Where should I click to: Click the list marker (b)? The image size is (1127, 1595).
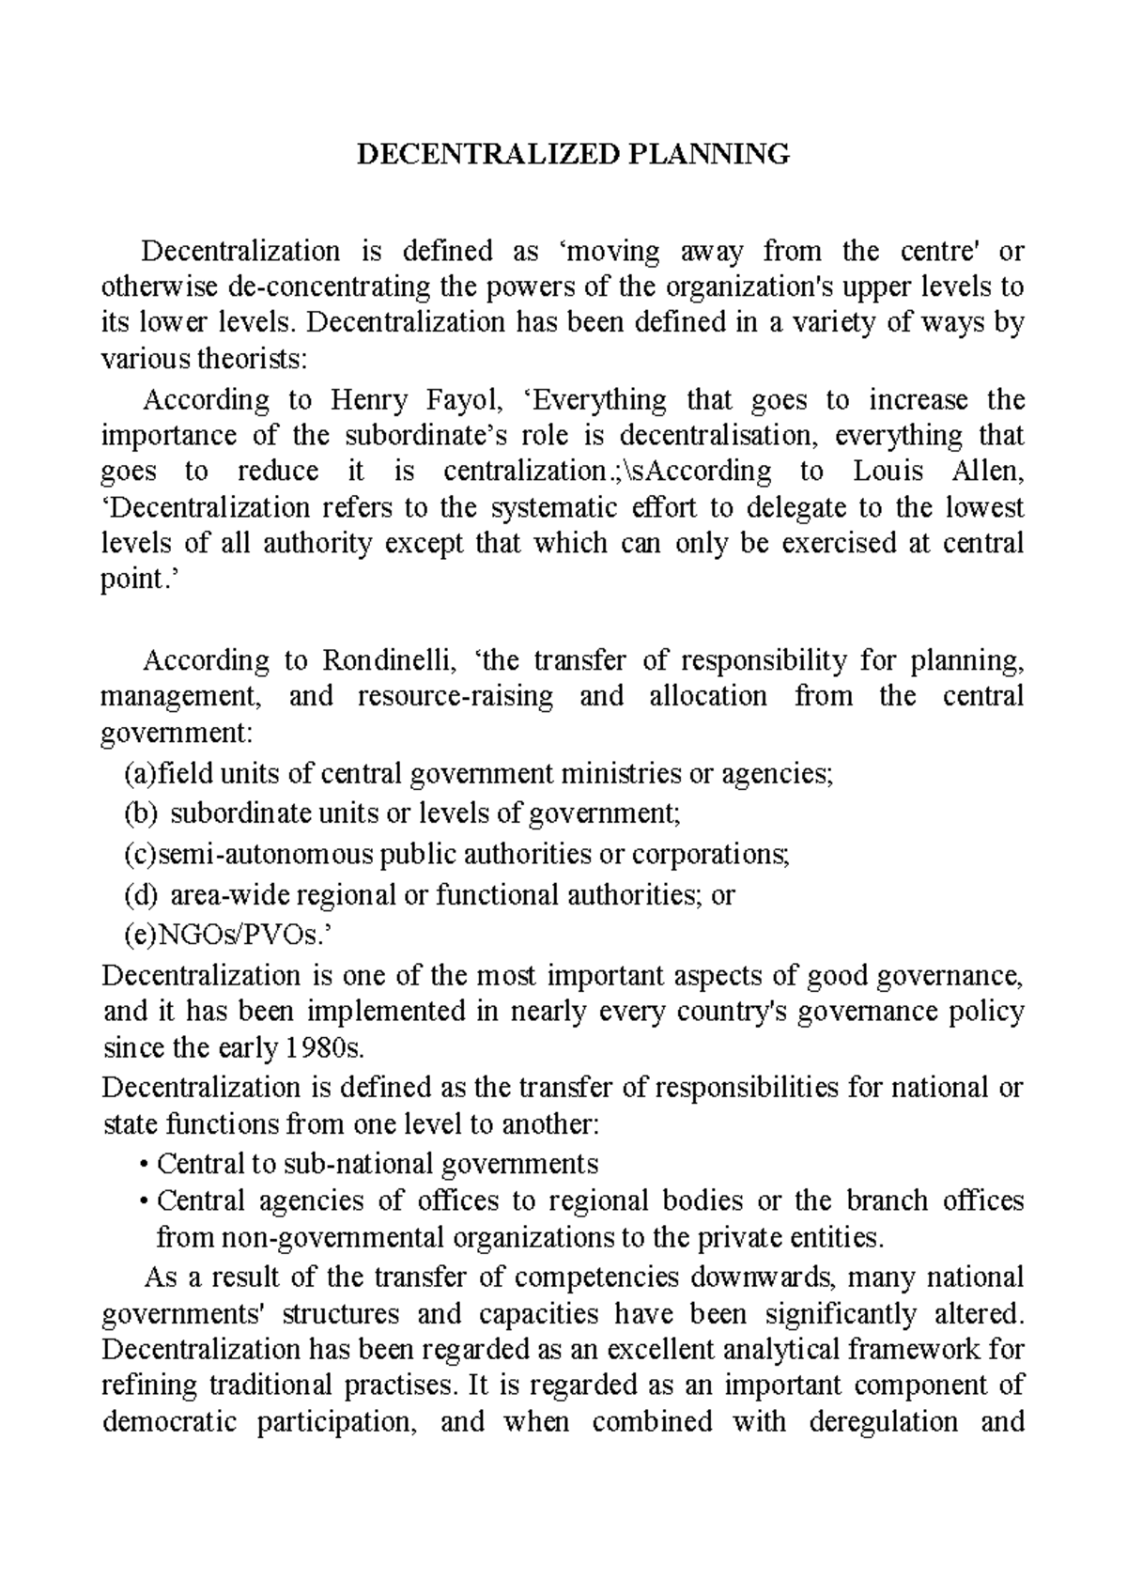tap(141, 813)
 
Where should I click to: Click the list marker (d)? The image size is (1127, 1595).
tap(141, 894)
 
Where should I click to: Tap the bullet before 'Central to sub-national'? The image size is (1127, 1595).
tap(142, 1166)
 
